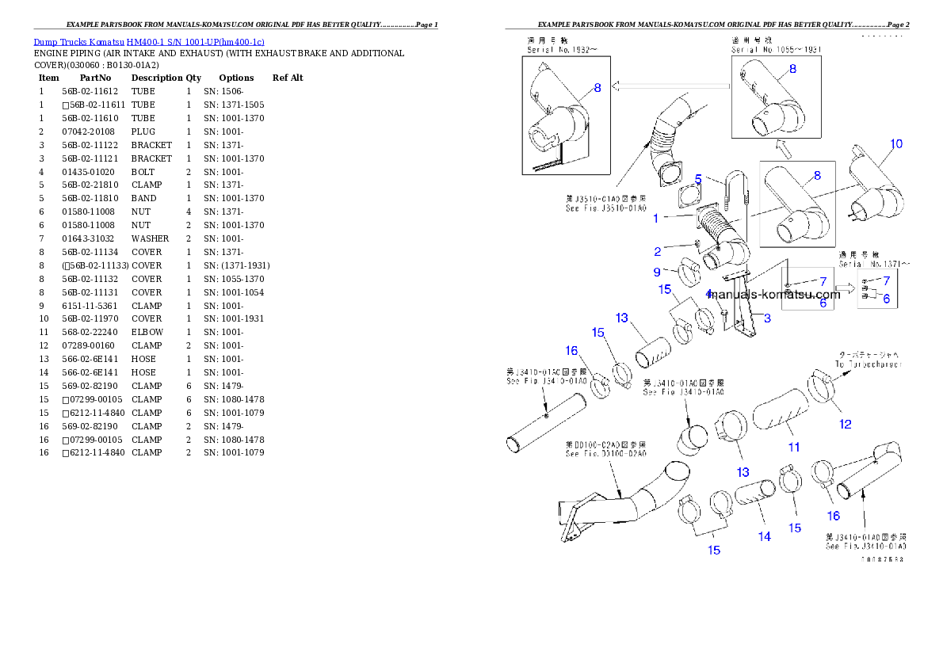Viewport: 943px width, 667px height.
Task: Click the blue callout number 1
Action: point(655,218)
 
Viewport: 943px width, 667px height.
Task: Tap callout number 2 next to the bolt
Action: point(657,252)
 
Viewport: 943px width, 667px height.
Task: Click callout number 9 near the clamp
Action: point(657,272)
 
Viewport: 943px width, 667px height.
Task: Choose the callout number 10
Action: point(895,144)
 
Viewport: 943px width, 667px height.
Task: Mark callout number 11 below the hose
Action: point(793,448)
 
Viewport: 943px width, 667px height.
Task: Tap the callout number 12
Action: point(846,424)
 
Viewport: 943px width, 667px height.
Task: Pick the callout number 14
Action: point(764,536)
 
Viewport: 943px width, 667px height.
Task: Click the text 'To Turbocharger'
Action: point(869,364)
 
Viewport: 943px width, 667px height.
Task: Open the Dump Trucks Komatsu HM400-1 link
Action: point(149,41)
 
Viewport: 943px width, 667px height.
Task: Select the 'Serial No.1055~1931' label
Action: point(776,49)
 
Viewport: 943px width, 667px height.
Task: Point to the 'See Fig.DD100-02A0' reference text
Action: point(605,454)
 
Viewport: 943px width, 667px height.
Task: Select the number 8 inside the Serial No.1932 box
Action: point(597,89)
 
